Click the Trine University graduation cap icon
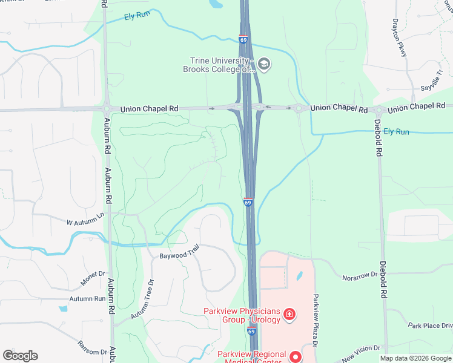(x=263, y=63)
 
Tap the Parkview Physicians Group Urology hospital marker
(x=289, y=313)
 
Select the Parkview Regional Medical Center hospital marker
(x=296, y=356)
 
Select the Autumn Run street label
(x=87, y=298)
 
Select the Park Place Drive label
(x=430, y=325)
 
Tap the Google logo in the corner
(x=20, y=356)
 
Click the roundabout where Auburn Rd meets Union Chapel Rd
(x=107, y=110)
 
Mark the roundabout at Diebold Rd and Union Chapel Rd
(x=379, y=111)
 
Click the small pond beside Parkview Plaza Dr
(x=299, y=276)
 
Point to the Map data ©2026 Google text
(x=415, y=358)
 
